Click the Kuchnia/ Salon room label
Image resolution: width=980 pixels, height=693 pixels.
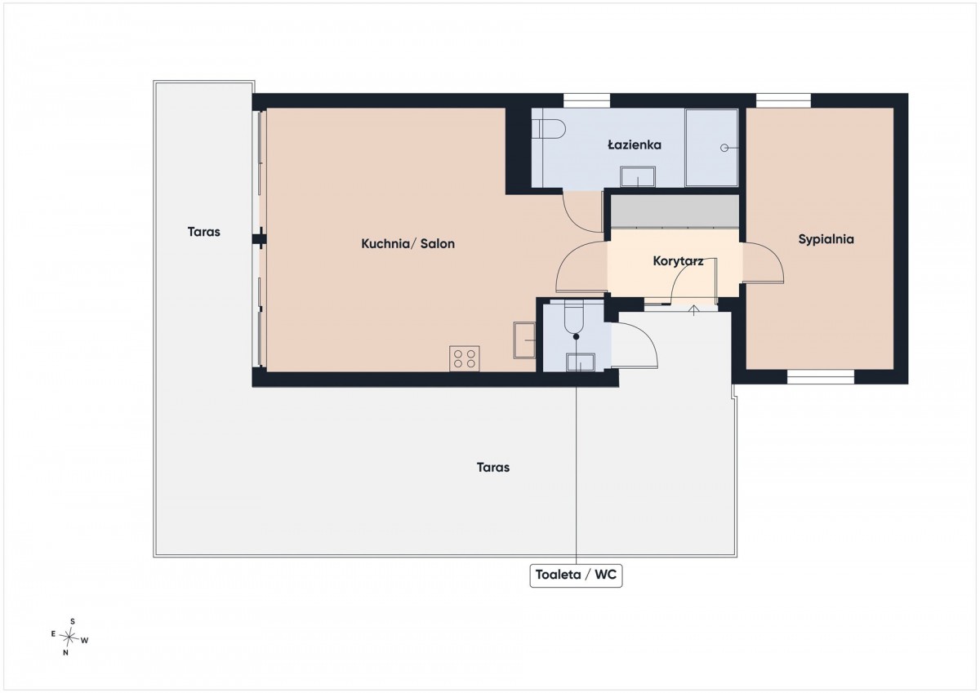coord(408,243)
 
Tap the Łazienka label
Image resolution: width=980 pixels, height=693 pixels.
coord(635,144)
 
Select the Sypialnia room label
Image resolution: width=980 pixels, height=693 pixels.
coord(826,239)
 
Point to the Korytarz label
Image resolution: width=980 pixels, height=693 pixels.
coord(678,261)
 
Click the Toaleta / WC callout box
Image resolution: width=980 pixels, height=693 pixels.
coord(576,575)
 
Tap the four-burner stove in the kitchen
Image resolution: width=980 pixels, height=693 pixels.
coord(464,358)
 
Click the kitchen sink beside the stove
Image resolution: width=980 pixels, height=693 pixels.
coord(524,340)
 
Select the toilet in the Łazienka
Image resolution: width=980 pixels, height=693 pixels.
coord(549,129)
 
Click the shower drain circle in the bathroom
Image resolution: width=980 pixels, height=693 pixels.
coord(724,148)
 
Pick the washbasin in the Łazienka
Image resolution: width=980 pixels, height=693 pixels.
coord(638,176)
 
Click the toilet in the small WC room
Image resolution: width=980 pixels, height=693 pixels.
coord(574,317)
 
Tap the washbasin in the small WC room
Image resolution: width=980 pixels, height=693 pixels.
coord(581,362)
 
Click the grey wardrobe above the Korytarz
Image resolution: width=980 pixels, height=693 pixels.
coord(675,211)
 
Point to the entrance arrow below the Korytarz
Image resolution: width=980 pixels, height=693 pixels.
coord(693,310)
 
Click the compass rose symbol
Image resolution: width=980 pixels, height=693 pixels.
coord(69,637)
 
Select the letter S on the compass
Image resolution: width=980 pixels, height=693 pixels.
coord(73,621)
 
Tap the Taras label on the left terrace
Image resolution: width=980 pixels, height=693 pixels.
coord(203,232)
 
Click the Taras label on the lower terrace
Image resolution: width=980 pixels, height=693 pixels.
coord(493,468)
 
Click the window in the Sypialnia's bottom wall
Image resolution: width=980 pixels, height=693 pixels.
coord(821,377)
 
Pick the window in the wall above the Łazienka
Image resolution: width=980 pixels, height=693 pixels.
coord(586,100)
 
